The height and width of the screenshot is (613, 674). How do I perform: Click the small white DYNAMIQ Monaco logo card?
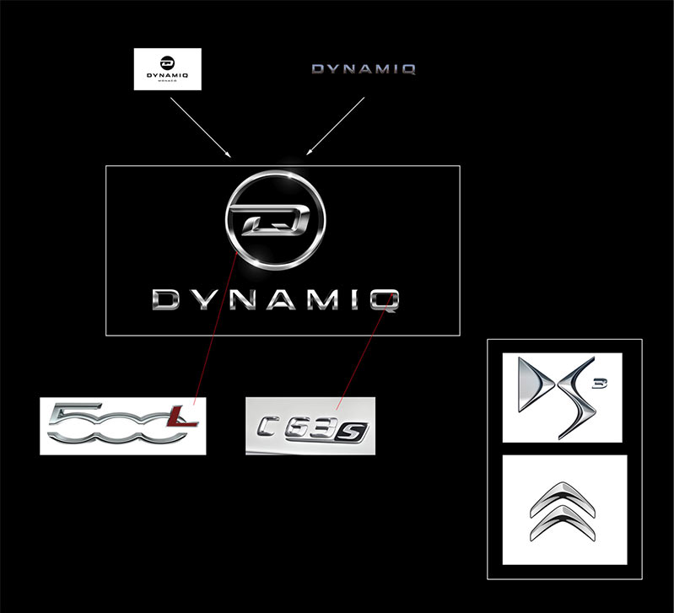(x=168, y=67)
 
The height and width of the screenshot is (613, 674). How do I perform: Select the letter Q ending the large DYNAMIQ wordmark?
(x=388, y=299)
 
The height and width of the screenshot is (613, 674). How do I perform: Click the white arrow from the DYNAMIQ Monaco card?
(x=201, y=126)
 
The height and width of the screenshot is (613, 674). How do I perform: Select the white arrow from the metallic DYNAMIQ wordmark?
(x=336, y=126)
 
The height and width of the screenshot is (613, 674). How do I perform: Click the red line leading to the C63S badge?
(x=363, y=354)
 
